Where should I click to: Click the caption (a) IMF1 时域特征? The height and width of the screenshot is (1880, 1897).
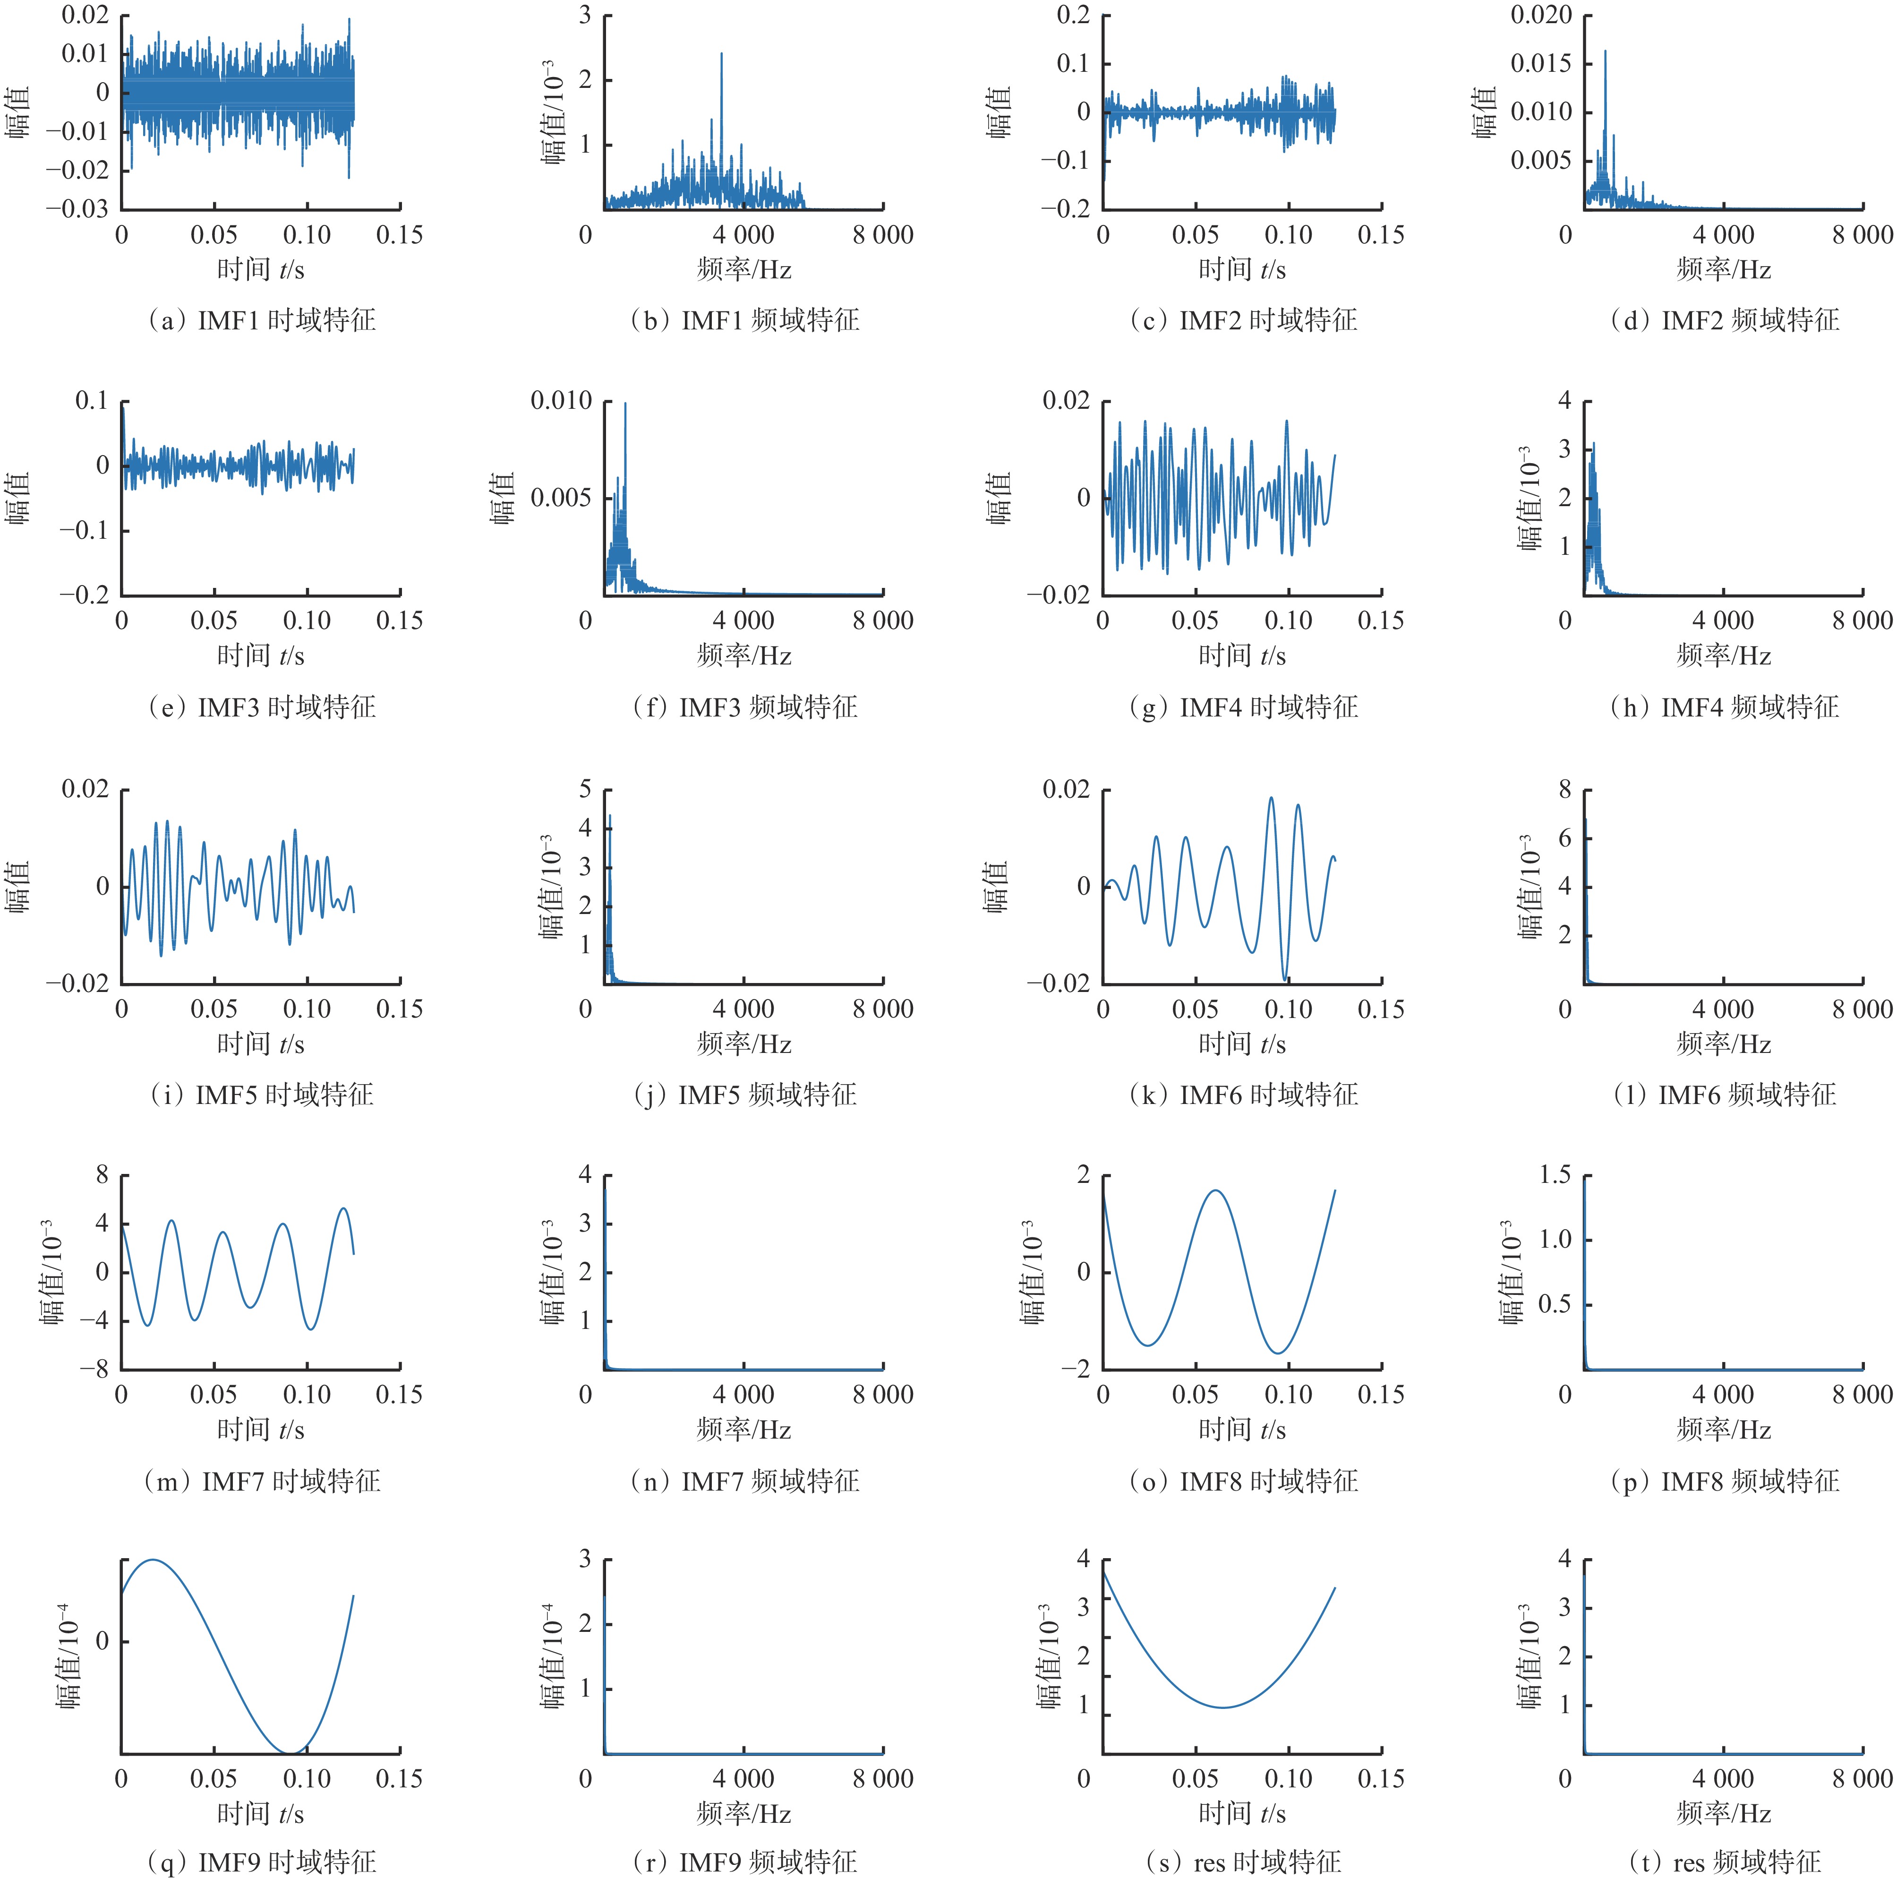261,320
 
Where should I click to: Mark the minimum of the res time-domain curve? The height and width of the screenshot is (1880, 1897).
1222,1707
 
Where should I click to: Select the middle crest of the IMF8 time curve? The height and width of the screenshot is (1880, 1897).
1216,1190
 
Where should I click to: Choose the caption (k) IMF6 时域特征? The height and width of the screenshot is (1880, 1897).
1243,1094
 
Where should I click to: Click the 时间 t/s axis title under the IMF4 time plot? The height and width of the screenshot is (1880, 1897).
1242,655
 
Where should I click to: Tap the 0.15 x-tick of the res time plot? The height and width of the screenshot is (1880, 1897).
1381,1778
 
